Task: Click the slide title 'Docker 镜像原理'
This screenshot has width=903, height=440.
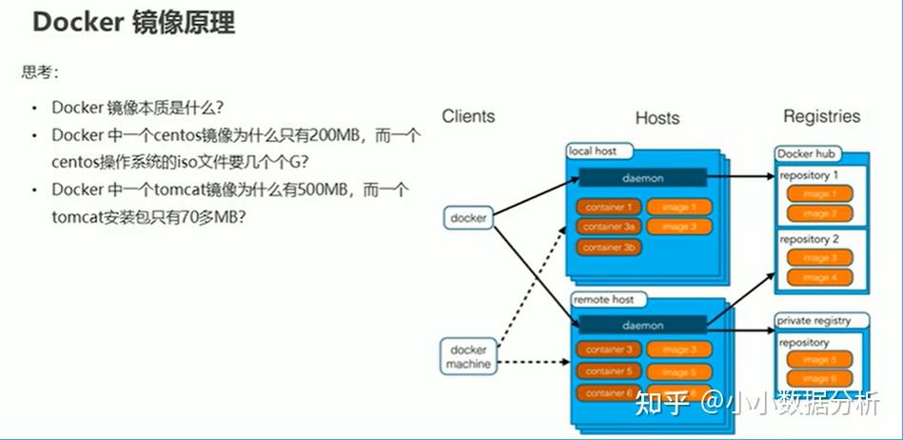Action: pyautogui.click(x=133, y=24)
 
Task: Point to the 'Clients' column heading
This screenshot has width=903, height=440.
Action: pyautogui.click(x=468, y=116)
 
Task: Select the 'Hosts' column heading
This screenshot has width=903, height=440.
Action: pyautogui.click(x=657, y=118)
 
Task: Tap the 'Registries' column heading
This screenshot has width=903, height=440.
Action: pyautogui.click(x=821, y=116)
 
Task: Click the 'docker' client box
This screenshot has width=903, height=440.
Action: pyautogui.click(x=468, y=218)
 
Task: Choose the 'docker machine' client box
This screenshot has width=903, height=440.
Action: pyautogui.click(x=468, y=356)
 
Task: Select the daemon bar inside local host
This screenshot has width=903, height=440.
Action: pyautogui.click(x=642, y=178)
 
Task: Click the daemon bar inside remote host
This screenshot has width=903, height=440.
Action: pyautogui.click(x=642, y=326)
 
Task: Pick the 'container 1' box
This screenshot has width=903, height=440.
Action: pyautogui.click(x=608, y=207)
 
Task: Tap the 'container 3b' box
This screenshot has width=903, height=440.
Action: pyautogui.click(x=608, y=248)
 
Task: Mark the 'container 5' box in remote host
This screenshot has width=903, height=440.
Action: pyautogui.click(x=608, y=371)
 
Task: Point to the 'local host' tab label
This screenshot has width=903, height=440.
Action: pyautogui.click(x=593, y=151)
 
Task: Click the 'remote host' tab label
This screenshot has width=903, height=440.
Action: pyautogui.click(x=603, y=299)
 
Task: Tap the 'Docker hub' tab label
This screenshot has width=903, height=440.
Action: pyautogui.click(x=808, y=154)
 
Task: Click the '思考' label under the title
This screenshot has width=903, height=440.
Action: pyautogui.click(x=40, y=71)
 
